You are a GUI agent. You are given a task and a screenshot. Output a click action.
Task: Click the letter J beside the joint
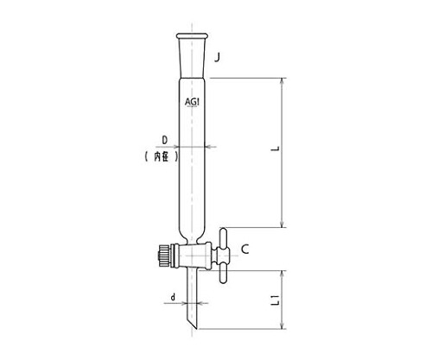click(217, 58)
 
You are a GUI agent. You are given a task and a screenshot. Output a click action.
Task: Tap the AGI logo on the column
click(192, 102)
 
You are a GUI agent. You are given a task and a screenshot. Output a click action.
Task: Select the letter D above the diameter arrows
click(165, 141)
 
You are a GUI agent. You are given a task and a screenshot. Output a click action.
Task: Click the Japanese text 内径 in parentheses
click(162, 157)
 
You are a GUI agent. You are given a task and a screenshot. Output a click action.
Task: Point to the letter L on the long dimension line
click(276, 148)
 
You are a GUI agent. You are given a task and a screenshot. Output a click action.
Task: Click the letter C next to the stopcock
click(245, 249)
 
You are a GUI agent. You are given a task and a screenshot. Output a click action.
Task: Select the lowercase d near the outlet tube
click(173, 297)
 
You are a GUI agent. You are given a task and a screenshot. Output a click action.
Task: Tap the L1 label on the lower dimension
click(276, 300)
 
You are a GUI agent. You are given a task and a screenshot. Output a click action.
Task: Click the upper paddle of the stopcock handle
click(224, 237)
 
